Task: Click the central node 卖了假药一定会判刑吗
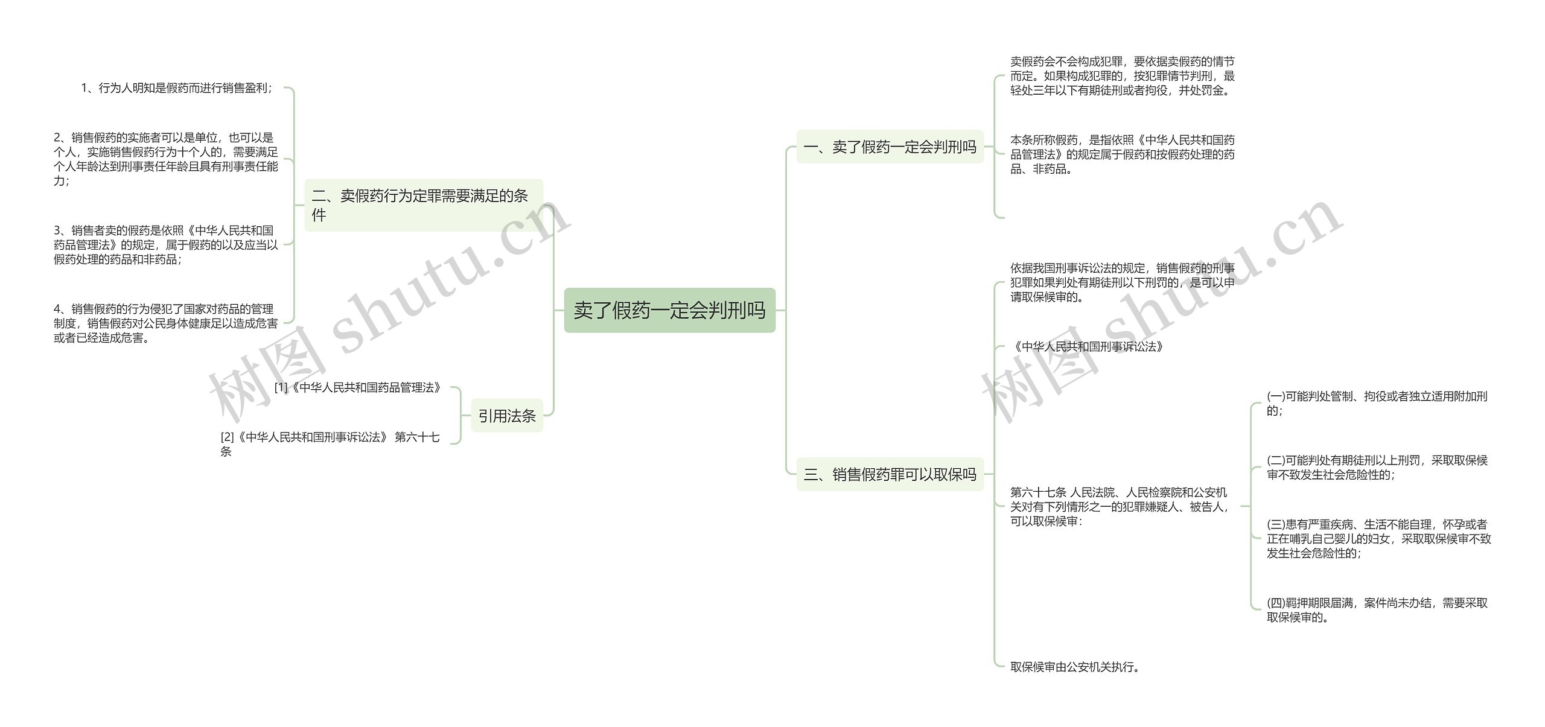(x=669, y=310)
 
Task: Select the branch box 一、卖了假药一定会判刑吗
(x=890, y=147)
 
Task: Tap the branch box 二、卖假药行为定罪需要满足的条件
(x=423, y=205)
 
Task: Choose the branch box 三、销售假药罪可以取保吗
(x=890, y=474)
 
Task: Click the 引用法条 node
(x=507, y=416)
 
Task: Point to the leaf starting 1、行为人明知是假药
(x=177, y=88)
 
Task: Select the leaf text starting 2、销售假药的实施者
(x=165, y=159)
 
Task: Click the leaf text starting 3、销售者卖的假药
(x=165, y=245)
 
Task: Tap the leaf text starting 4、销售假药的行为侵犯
(x=165, y=323)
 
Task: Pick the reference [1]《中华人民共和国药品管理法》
(x=358, y=387)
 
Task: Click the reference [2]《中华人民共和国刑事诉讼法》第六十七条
(x=330, y=444)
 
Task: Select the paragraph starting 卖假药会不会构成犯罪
(x=1122, y=76)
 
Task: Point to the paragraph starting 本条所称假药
(x=1122, y=154)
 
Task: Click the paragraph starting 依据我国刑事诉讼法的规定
(x=1122, y=282)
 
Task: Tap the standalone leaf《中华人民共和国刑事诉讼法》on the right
(x=1087, y=346)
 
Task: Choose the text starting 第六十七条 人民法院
(x=1120, y=507)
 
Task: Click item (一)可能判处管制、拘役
(x=1377, y=403)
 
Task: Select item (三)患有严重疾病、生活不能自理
(x=1378, y=539)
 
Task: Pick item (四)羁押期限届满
(x=1377, y=610)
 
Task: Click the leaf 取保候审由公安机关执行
(x=1075, y=667)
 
